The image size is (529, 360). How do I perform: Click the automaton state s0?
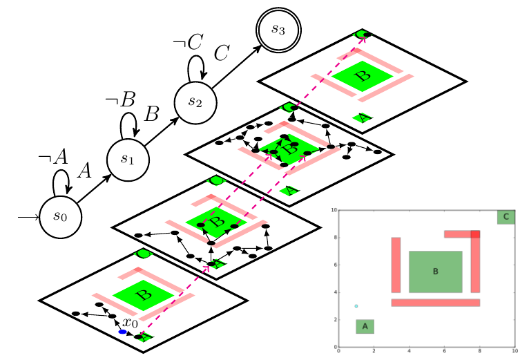coord(60,216)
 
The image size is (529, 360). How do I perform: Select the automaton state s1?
coord(128,158)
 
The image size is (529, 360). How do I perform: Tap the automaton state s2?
coord(195,101)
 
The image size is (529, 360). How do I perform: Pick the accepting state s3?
coord(277,29)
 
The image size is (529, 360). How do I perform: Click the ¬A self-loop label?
coord(53,157)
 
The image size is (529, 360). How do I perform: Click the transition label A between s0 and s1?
coord(84,171)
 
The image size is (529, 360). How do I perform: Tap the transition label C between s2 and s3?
coord(221,53)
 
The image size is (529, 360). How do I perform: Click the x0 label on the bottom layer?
coord(130,323)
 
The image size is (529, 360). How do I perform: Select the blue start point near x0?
coord(122,332)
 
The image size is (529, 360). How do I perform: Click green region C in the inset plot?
coord(506,217)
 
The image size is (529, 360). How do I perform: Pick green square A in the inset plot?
coord(365,326)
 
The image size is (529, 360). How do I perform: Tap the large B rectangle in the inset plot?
coord(435,272)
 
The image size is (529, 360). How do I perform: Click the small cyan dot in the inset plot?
coord(356,306)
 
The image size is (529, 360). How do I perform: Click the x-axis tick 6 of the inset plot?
coord(444,351)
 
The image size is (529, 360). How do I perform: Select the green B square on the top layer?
coord(360,74)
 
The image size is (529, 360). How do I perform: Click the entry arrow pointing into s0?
coord(28,216)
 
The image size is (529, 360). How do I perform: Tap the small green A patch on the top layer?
coord(363,117)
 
